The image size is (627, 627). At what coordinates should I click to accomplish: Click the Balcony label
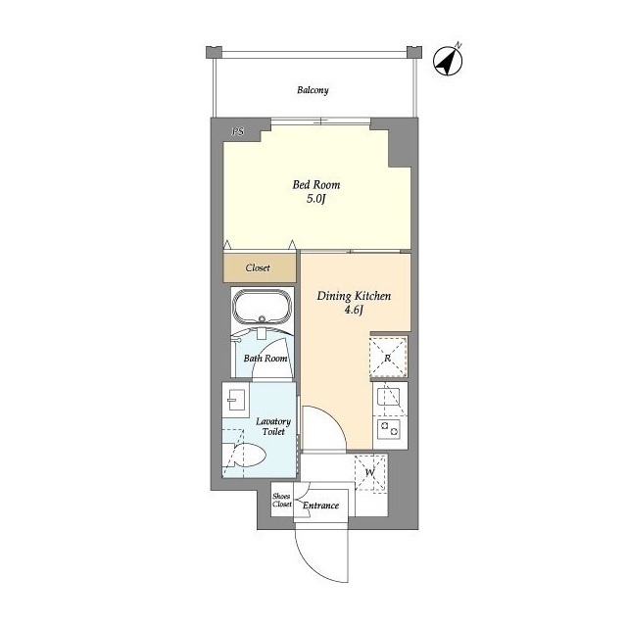(x=313, y=90)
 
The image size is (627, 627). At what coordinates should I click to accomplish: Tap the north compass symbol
(x=448, y=61)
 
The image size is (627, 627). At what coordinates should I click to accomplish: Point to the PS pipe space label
(x=238, y=131)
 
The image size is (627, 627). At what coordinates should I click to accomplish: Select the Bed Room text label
(x=316, y=185)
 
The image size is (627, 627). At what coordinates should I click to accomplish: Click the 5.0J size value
(x=316, y=199)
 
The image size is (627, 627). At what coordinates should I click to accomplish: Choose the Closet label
(x=258, y=267)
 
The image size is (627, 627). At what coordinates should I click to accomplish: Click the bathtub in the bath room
(x=263, y=307)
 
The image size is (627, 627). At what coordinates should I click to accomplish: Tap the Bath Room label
(x=265, y=359)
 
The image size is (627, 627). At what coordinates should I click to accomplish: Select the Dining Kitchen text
(x=354, y=296)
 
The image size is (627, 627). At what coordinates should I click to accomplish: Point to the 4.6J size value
(x=354, y=310)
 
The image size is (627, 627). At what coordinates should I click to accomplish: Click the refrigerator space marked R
(x=388, y=357)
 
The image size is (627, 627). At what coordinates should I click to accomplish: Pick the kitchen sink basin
(x=388, y=397)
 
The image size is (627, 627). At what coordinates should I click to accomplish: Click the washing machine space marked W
(x=370, y=472)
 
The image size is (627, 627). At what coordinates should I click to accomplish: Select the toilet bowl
(x=244, y=456)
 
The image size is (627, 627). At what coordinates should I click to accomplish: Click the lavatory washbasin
(x=236, y=400)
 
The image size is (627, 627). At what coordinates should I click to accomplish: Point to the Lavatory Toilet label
(x=273, y=426)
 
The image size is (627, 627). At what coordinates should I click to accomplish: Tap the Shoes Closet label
(x=282, y=500)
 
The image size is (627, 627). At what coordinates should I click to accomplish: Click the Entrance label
(x=320, y=506)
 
